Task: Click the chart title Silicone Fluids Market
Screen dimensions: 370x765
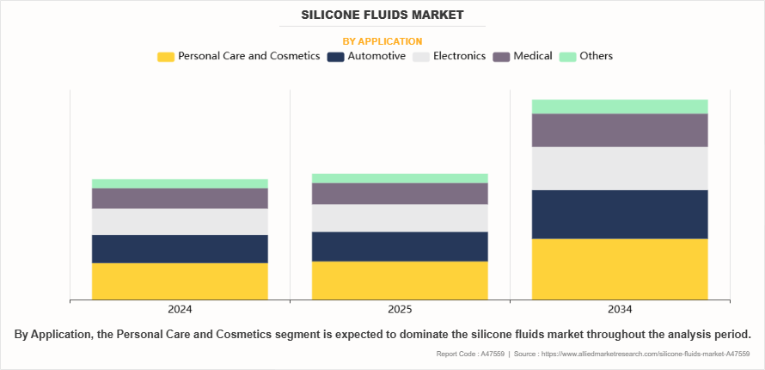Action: coord(382,15)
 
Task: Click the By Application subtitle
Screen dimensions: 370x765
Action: coord(382,40)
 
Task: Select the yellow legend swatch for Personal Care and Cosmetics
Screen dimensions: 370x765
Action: coord(166,57)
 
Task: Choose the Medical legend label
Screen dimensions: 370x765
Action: coord(533,56)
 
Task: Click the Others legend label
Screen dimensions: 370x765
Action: coord(596,56)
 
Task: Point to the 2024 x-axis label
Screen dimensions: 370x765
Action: coord(180,309)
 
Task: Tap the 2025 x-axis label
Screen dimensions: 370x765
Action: coord(400,309)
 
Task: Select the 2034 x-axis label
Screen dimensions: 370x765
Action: coord(620,309)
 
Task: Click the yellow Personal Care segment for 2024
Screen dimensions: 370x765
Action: coord(180,281)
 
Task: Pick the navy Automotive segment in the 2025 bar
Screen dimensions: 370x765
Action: coord(400,246)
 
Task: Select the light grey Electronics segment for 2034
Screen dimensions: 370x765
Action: coord(620,169)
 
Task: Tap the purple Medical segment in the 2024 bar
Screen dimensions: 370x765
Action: coord(180,199)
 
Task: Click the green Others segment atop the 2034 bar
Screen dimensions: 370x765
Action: coord(620,107)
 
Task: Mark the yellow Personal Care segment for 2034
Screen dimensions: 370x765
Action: coord(620,269)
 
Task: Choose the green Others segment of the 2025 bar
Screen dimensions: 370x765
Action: coord(400,178)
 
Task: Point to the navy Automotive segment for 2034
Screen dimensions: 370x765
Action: coord(620,214)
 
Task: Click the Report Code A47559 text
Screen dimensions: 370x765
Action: coord(470,354)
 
